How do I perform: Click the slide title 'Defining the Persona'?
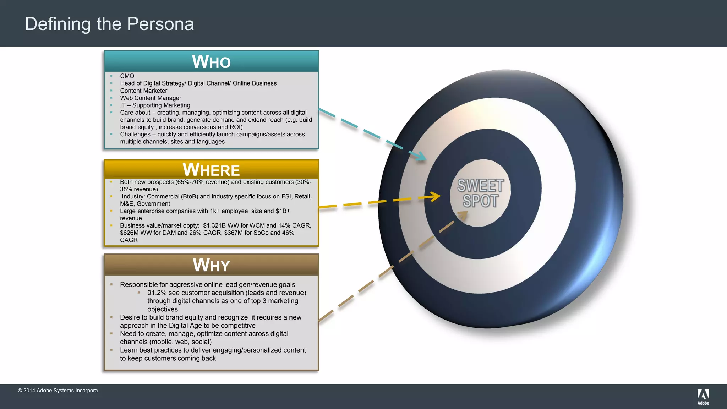coord(109,24)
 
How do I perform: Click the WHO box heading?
coord(211,62)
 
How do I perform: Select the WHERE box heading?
coord(211,170)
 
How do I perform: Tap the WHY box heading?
coord(211,265)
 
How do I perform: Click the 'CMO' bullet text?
coord(127,76)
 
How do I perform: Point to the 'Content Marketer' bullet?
coord(143,91)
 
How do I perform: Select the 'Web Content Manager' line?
coord(151,98)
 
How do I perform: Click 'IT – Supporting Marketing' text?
coord(155,105)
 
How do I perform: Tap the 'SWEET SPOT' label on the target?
coord(480,193)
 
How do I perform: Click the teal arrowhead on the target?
coord(422,156)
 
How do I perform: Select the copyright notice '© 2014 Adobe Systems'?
coord(58,391)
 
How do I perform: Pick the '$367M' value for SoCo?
coord(234,233)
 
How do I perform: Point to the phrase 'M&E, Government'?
coord(145,204)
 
